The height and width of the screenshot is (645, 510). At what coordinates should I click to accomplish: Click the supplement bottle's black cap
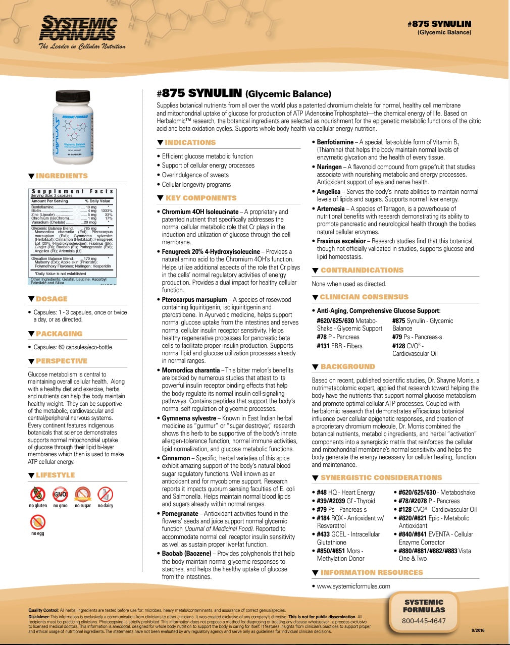pyautogui.click(x=72, y=95)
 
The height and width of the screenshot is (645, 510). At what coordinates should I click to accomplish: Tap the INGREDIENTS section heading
pyautogui.click(x=62, y=176)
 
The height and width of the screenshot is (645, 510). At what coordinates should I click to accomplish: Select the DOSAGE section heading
pyautogui.click(x=52, y=299)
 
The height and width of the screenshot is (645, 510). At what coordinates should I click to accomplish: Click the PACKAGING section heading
pyautogui.click(x=59, y=334)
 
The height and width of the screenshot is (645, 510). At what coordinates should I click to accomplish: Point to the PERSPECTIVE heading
pyautogui.click(x=62, y=361)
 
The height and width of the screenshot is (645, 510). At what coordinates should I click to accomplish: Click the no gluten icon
pyautogui.click(x=37, y=494)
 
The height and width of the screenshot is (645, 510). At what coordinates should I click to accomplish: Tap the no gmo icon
pyautogui.click(x=60, y=494)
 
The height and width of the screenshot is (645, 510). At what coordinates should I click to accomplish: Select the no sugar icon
pyautogui.click(x=82, y=494)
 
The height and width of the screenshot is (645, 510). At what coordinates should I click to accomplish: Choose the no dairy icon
pyautogui.click(x=105, y=494)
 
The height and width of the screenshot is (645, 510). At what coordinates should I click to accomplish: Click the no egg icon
pyautogui.click(x=37, y=522)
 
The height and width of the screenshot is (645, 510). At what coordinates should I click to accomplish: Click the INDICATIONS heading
pyautogui.click(x=190, y=143)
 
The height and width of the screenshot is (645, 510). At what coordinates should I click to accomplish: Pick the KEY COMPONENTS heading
pyautogui.click(x=200, y=198)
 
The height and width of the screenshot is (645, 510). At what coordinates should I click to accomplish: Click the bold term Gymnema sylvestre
pyautogui.click(x=189, y=418)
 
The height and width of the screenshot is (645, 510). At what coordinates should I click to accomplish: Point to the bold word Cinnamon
pyautogui.click(x=176, y=458)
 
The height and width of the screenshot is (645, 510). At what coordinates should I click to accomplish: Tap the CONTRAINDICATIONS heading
pyautogui.click(x=362, y=270)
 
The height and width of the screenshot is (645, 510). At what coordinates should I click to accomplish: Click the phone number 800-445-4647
pyautogui.click(x=424, y=621)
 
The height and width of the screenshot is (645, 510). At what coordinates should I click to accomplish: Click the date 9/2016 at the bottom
pyautogui.click(x=478, y=630)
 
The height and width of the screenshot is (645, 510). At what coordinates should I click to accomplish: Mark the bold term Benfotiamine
pyautogui.click(x=335, y=142)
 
